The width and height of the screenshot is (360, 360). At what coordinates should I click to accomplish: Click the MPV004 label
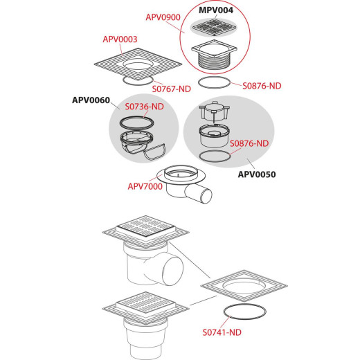(x=216, y=10)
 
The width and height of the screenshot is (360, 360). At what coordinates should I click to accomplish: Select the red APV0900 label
(x=163, y=17)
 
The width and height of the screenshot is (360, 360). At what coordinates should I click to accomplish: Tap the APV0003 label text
(x=120, y=39)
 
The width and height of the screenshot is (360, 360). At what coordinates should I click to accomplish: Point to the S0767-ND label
(x=172, y=89)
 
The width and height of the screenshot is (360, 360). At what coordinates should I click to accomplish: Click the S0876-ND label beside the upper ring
(x=262, y=86)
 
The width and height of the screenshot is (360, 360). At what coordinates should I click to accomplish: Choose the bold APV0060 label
(x=91, y=100)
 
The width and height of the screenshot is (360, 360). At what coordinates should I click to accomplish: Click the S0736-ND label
(x=145, y=107)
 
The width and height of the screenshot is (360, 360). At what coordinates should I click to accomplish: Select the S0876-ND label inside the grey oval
(x=249, y=143)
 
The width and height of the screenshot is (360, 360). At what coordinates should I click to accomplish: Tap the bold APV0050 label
(x=257, y=174)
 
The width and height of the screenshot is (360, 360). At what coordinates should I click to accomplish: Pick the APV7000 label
(x=145, y=186)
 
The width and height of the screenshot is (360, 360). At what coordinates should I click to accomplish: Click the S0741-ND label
(x=222, y=332)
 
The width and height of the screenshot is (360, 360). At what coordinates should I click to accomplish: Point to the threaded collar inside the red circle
(x=214, y=61)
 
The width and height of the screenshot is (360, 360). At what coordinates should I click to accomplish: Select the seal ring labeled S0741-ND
(x=244, y=305)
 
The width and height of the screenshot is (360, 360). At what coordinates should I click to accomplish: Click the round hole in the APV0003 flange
(x=138, y=64)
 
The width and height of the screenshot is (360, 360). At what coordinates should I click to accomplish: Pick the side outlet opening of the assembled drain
(x=172, y=267)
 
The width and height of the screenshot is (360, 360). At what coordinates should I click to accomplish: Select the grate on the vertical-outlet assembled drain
(x=145, y=303)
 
